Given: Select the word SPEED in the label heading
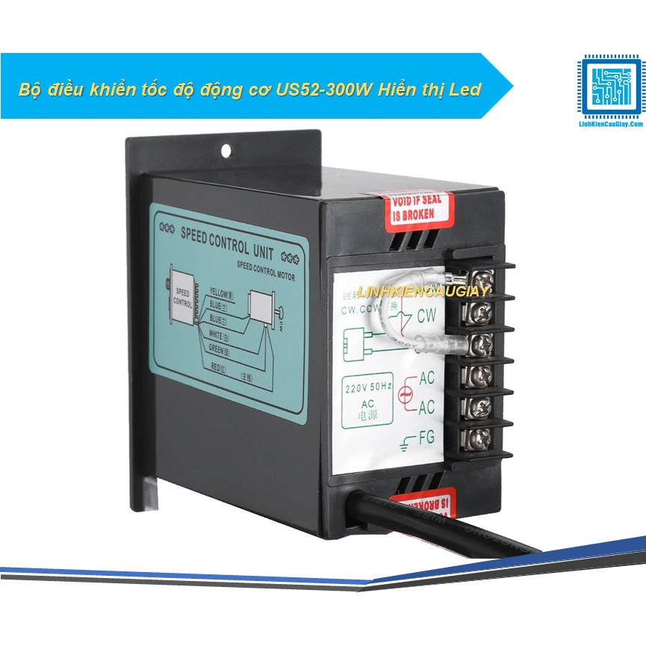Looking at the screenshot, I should (202, 235).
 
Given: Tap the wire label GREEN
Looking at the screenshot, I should (220, 346).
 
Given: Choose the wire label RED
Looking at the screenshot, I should (218, 367).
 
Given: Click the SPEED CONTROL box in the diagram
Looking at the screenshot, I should (183, 296).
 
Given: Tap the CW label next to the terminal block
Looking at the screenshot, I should (427, 314).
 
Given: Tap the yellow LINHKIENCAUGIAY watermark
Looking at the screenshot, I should (423, 291).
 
